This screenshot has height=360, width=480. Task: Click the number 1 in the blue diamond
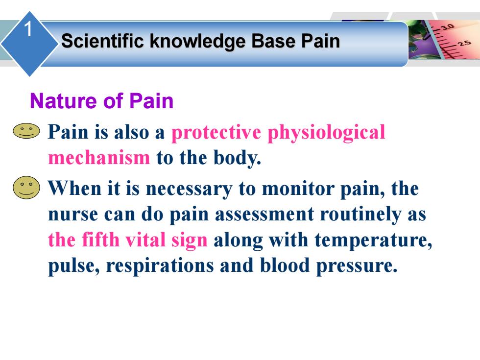pos(28,29)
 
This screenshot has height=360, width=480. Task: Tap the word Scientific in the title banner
pos(102,41)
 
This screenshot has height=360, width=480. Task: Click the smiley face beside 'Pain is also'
pos(26,131)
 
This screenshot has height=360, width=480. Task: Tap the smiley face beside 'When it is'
pos(26,188)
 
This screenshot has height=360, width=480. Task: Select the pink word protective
pos(216,133)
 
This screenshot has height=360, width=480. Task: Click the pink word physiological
pos(326,133)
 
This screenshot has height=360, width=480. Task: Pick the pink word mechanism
pos(99,158)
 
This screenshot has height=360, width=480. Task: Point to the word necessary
pos(189,190)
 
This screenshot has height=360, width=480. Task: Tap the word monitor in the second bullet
pos(298,189)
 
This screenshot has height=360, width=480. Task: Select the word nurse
pos(73,215)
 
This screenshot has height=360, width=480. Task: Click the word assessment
pos(264,215)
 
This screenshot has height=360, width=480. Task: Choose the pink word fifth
pos(101,240)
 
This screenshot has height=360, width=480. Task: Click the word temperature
pos(373,240)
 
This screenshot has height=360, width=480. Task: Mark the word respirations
pos(160,265)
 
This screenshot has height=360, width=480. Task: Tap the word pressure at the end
pos(357,265)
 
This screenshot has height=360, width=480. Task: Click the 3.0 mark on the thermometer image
pos(447,26)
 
